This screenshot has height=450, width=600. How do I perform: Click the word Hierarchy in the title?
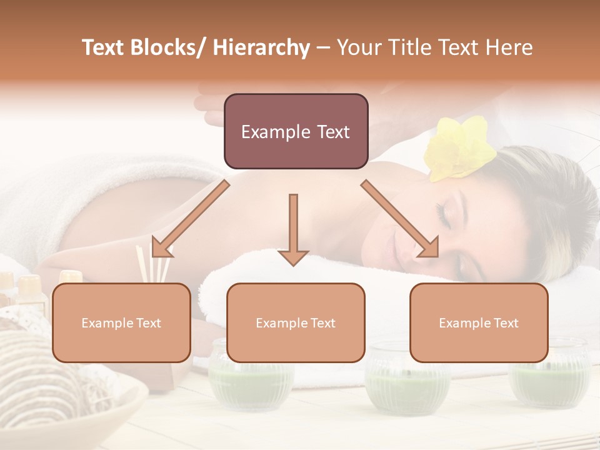(261, 47)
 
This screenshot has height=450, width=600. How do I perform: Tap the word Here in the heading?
(510, 47)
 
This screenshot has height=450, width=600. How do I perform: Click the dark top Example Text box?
(296, 132)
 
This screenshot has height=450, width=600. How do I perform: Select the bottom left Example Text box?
(121, 323)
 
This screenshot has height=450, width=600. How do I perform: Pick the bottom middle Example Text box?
(296, 323)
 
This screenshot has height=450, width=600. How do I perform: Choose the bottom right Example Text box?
(479, 323)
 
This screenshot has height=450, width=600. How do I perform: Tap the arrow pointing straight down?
(293, 229)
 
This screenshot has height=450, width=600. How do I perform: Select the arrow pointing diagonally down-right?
(401, 219)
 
